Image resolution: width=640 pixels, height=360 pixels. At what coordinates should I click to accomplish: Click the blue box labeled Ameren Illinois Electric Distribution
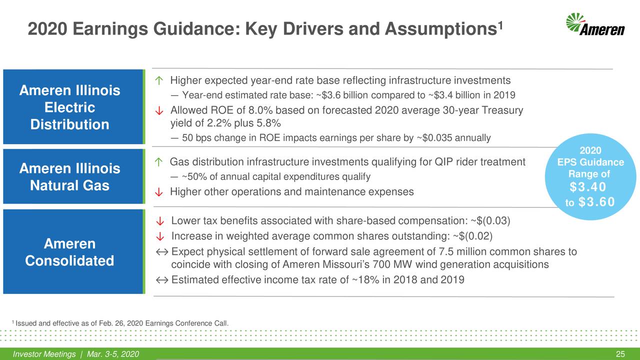point(70,107)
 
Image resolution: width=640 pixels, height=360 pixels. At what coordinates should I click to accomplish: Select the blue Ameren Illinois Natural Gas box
point(70,177)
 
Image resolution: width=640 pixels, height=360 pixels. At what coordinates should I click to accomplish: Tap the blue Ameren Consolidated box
point(70,252)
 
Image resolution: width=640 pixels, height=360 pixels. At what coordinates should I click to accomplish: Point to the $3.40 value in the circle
point(588,187)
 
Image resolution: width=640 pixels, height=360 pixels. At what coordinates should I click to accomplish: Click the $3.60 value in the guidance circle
point(596,201)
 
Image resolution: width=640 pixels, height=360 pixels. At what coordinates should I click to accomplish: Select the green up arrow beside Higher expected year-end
point(158,81)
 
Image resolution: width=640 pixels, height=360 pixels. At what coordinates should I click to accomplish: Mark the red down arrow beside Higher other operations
point(158,192)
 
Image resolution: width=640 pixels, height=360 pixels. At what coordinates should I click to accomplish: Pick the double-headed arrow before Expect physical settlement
point(161,251)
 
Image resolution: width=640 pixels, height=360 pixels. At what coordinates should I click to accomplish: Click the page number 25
point(620,354)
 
